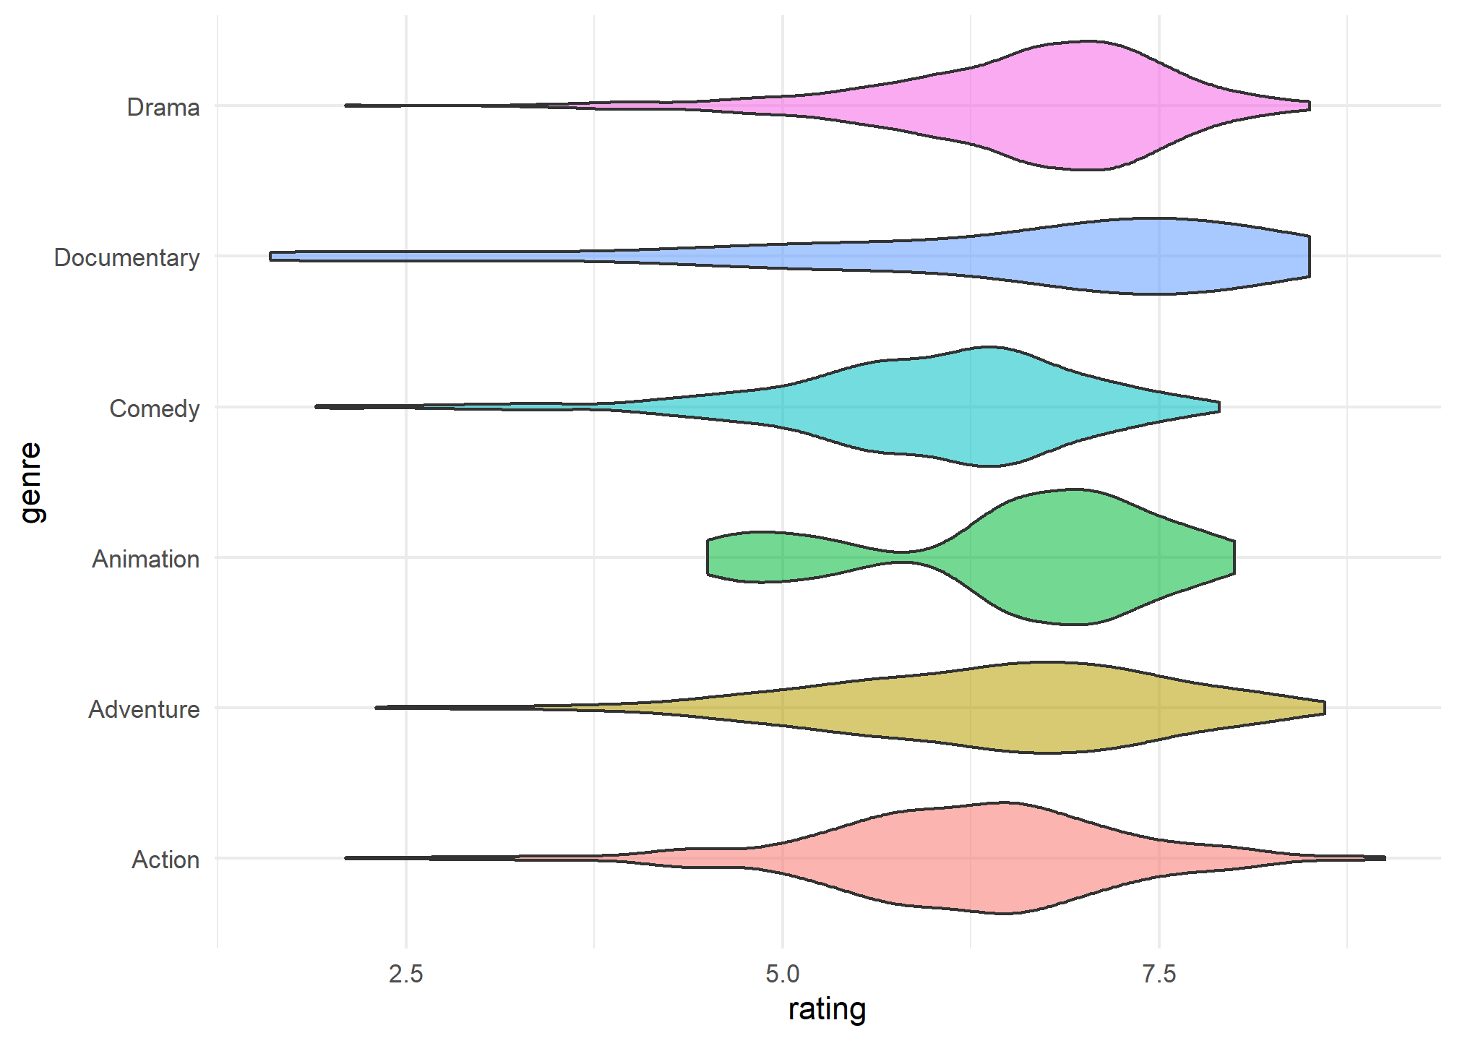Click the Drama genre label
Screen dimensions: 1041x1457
point(163,107)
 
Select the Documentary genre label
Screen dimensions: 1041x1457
point(126,257)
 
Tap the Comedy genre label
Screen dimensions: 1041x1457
point(154,408)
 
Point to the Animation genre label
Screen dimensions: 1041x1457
point(145,559)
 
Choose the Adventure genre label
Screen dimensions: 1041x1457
point(144,709)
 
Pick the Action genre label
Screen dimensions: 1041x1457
point(166,860)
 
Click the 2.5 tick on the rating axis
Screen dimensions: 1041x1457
point(406,974)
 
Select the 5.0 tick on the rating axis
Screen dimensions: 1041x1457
point(783,974)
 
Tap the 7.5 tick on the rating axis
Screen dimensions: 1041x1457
point(1159,974)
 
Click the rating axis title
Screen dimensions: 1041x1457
point(827,1010)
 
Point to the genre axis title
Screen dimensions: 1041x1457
point(30,482)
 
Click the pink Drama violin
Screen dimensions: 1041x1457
point(1070,106)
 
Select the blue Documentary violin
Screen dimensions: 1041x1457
point(1142,257)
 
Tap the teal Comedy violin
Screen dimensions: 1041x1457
point(976,407)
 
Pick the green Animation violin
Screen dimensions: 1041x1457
point(1070,557)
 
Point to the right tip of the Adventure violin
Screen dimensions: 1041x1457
point(1323,708)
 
